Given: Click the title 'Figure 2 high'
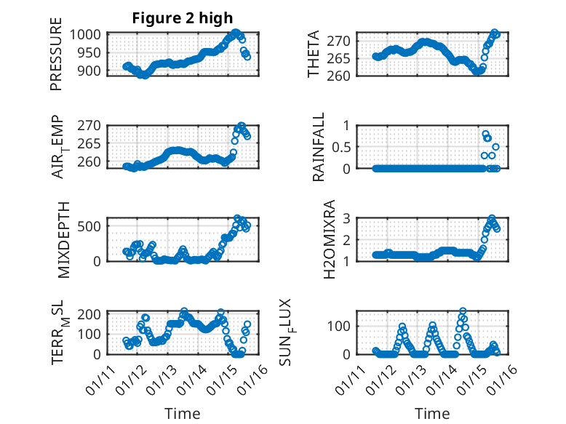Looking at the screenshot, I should [x=183, y=18].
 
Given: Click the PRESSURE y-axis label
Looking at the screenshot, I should [x=56, y=60].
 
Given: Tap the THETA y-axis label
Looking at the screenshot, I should [x=314, y=55].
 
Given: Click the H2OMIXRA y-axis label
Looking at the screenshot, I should [x=329, y=239].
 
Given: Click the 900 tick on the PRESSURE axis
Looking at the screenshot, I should [x=92, y=71].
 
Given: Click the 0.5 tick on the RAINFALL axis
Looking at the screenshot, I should [x=346, y=146].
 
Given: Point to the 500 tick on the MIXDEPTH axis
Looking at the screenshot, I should [x=92, y=226].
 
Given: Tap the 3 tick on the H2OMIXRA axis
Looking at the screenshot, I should [x=352, y=218].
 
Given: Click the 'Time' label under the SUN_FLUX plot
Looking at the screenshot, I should [x=432, y=414].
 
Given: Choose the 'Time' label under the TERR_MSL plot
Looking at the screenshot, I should [x=182, y=414].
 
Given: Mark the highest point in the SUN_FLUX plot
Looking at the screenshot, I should [x=463, y=311].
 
